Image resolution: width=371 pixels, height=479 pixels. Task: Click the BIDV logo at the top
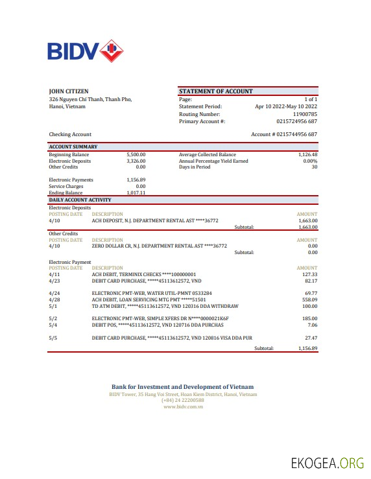point(85,51)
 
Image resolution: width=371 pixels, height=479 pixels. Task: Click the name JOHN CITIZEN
point(69,91)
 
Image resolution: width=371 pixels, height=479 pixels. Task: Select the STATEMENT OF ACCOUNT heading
point(215,91)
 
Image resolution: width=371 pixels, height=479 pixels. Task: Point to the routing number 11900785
point(305,114)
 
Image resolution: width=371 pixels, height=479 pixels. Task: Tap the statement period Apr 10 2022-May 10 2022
point(286,106)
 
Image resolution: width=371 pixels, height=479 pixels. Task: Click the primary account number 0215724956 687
point(296,121)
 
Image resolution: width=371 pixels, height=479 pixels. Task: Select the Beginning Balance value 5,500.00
point(136,155)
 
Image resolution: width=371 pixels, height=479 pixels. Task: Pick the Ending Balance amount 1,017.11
point(136,193)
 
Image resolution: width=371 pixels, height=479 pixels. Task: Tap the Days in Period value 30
point(314,167)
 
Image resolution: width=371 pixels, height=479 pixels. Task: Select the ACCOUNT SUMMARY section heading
point(73,147)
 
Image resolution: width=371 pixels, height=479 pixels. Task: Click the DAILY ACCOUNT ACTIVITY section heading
point(80,200)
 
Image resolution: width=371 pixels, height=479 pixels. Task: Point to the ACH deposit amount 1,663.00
point(307,220)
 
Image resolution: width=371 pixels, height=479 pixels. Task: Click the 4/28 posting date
point(54,299)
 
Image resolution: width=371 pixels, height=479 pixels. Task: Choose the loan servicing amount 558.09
point(309,299)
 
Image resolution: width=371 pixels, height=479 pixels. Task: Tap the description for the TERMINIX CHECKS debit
point(143,274)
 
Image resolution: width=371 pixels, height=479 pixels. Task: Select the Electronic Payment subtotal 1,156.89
point(307,348)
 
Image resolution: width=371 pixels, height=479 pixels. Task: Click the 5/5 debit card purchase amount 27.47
point(311,338)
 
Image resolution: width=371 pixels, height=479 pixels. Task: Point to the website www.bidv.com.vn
point(182,406)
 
